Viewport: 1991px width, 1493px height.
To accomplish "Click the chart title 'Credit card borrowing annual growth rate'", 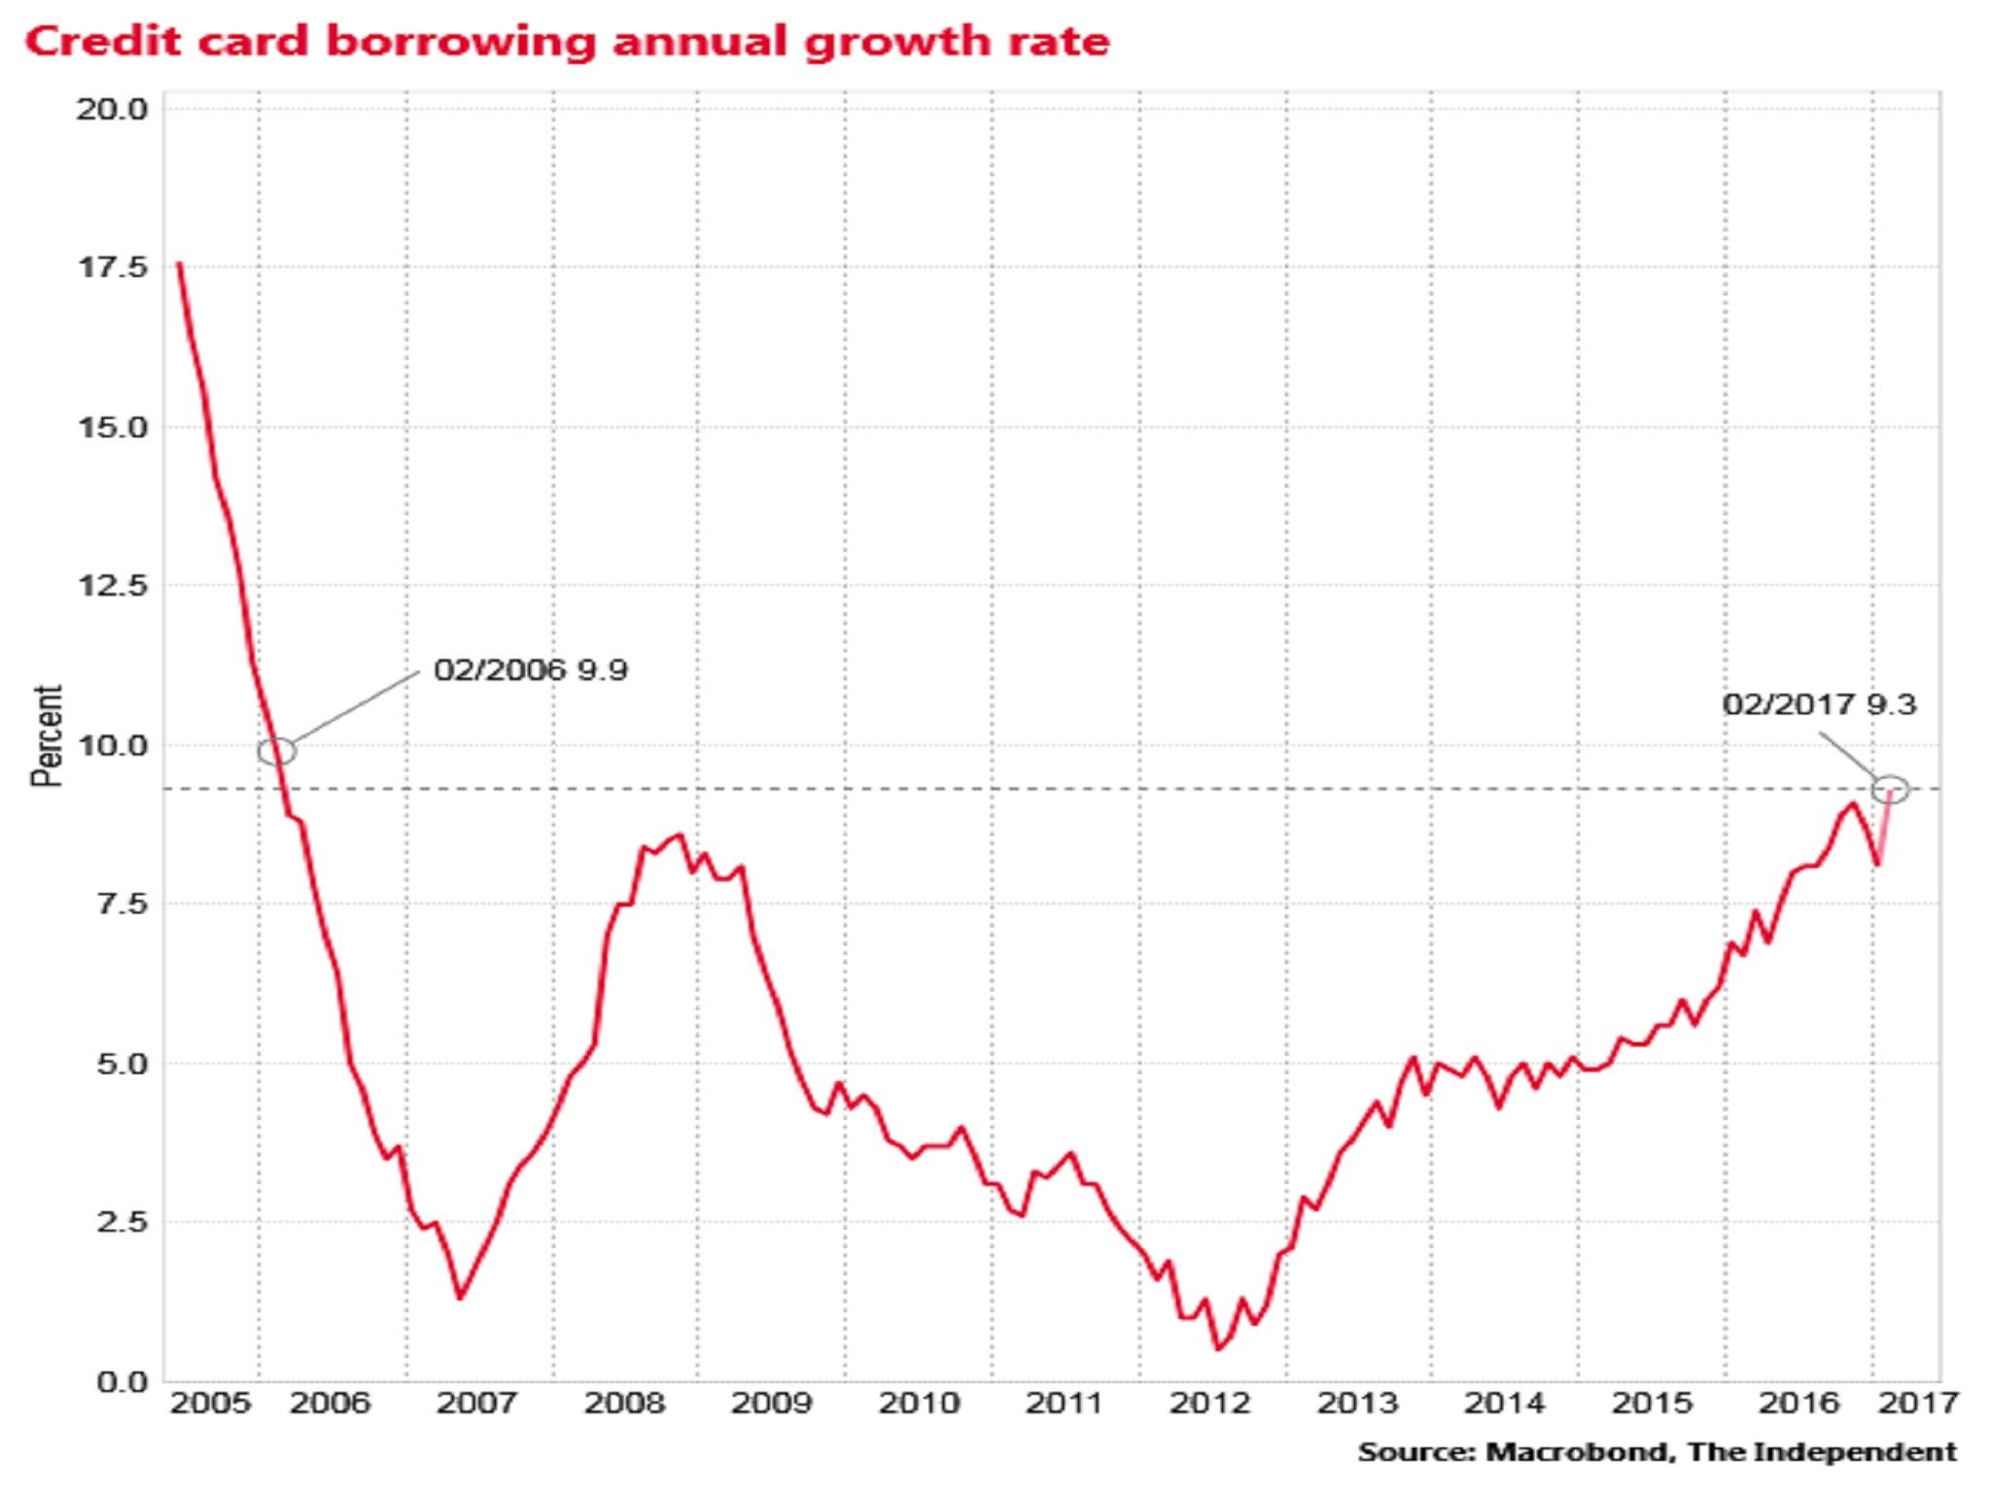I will pos(567,43).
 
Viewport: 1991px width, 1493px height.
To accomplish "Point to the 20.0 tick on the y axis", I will pos(112,109).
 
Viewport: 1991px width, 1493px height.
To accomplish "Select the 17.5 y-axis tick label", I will pos(112,267).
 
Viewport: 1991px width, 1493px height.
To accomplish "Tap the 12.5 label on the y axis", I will pos(112,586).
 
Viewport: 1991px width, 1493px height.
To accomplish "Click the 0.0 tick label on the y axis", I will pos(122,1381).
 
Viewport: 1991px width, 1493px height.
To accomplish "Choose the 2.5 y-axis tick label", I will pos(122,1222).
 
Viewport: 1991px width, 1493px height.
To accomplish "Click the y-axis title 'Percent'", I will pos(47,735).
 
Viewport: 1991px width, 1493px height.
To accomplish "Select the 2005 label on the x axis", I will pos(210,1404).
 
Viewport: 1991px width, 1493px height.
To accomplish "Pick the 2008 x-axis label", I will pos(624,1404).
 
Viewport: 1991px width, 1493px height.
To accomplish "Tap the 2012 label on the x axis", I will pos(1210,1404).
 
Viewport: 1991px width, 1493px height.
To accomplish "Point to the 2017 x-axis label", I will pos(1917,1404).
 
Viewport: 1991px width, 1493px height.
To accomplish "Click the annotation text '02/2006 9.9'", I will pos(531,671).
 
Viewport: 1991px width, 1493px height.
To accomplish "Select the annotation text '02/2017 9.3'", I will pos(1819,705).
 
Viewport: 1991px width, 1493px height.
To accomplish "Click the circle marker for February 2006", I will pos(277,751).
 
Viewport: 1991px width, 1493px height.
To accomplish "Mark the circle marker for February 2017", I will pos(1890,789).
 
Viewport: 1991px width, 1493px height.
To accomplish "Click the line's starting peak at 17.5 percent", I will pos(179,263).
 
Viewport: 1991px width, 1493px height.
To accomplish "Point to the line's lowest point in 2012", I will pos(1218,1349).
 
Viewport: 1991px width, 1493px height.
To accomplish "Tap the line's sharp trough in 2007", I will pos(461,1298).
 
